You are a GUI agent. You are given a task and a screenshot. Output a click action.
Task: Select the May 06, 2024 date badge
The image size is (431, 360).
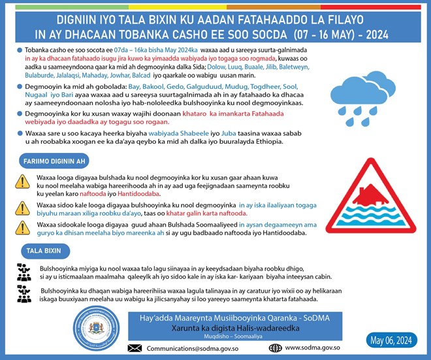pos(391,340)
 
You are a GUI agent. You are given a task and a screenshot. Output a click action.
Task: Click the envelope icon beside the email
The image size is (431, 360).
pos(135,348)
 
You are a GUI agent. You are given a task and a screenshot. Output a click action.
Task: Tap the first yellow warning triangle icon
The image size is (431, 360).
pos(24,181)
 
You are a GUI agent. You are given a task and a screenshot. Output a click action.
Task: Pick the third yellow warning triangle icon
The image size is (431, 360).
pos(24,228)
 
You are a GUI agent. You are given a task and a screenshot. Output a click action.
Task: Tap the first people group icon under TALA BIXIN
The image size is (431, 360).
pos(24,272)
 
